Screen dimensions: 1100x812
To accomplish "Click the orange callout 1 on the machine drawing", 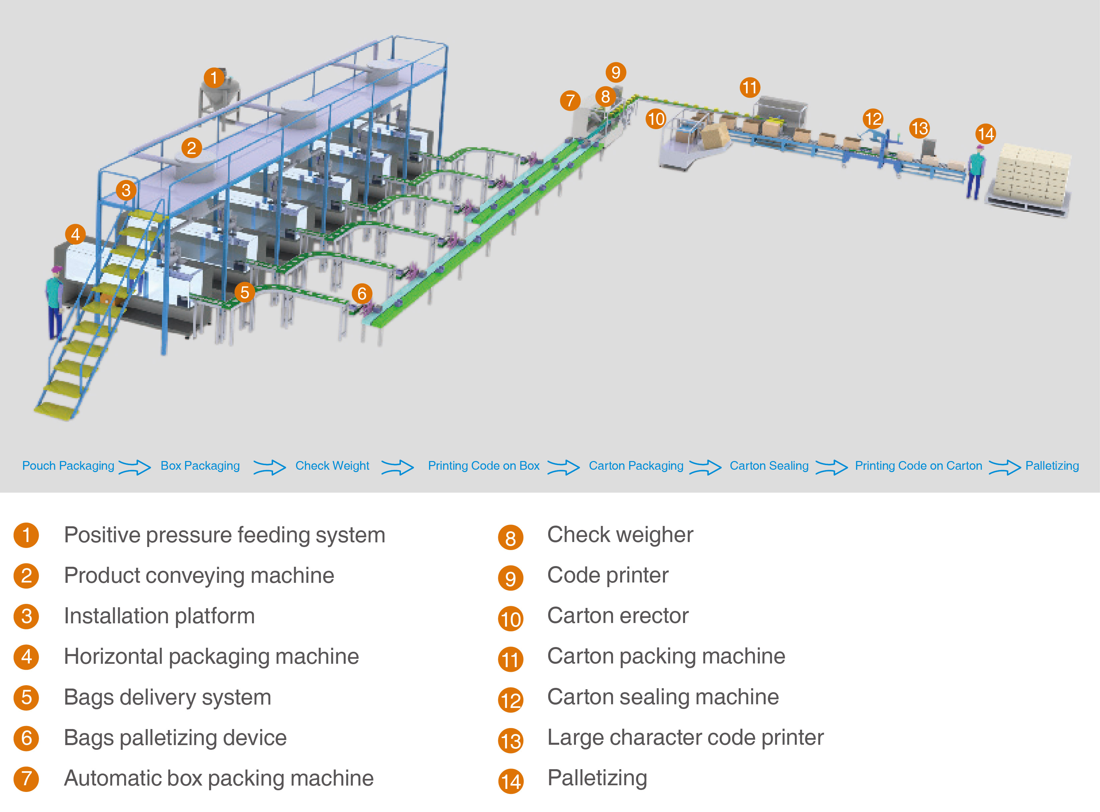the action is tap(214, 78).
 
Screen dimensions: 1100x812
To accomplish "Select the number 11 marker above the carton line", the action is tap(750, 88).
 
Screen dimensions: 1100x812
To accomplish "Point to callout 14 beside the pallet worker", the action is tap(986, 134).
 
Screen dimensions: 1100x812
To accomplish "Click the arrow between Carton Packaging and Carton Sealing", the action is tap(706, 467).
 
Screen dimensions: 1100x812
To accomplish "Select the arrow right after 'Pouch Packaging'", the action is tap(135, 467).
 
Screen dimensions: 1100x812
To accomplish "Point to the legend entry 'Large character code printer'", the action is tap(685, 737).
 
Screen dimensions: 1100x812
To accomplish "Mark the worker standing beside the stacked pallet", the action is tap(976, 172).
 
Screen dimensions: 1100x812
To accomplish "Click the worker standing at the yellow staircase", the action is tap(55, 303).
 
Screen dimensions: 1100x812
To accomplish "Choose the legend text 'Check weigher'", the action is tap(620, 534).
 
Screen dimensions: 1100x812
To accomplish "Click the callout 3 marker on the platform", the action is tap(126, 190).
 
